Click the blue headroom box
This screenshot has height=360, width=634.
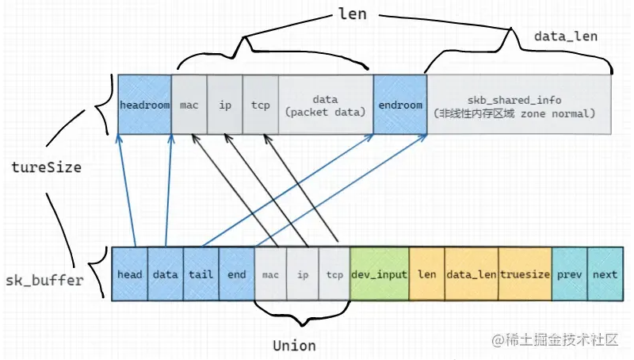click(x=144, y=105)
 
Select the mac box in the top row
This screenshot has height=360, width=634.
click(x=189, y=105)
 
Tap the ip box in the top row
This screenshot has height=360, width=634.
click(x=225, y=105)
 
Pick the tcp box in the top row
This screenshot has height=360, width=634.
click(x=260, y=105)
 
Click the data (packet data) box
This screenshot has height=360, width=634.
click(x=325, y=105)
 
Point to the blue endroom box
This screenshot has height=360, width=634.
click(x=399, y=105)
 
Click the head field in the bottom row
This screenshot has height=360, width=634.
click(x=130, y=274)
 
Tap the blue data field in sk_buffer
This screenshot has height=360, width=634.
click(x=165, y=274)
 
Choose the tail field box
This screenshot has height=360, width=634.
click(x=201, y=274)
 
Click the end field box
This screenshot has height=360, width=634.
click(x=236, y=274)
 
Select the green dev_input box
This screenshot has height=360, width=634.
click(x=379, y=274)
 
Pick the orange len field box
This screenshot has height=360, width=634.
click(x=426, y=274)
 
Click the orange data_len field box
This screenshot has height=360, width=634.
click(x=471, y=274)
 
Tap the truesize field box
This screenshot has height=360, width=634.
click(x=524, y=274)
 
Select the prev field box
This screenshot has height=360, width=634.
click(x=568, y=274)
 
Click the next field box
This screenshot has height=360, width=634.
click(x=604, y=274)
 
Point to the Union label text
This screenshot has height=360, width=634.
click(x=294, y=346)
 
